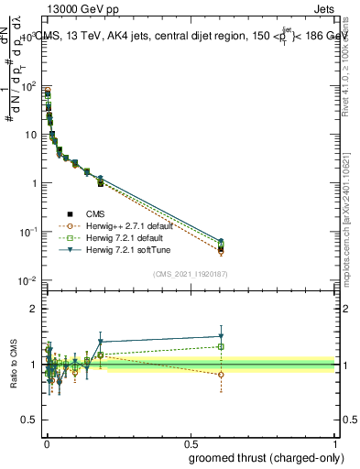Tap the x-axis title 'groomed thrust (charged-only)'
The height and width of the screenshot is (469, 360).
pyautogui.click(x=266, y=457)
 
